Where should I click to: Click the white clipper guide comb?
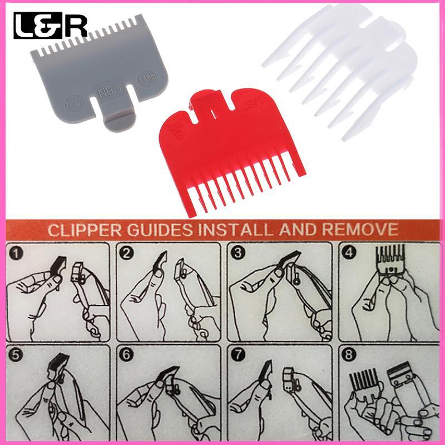pos(345,67)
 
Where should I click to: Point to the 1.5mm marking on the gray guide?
pos(150,77)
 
